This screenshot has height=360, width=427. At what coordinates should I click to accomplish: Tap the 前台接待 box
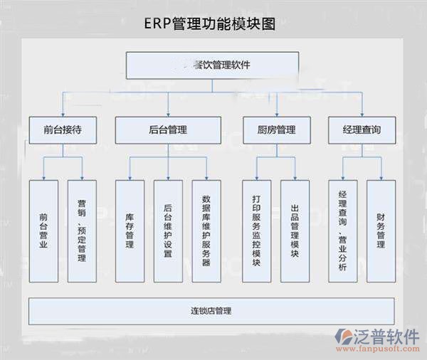pyautogui.click(x=63, y=129)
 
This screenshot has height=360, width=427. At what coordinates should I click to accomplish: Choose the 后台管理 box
pyautogui.click(x=168, y=129)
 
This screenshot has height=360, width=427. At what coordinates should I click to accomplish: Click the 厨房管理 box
pyautogui.click(x=275, y=129)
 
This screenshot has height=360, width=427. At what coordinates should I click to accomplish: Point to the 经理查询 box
pyautogui.click(x=360, y=129)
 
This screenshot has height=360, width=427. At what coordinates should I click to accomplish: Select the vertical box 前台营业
pyautogui.click(x=43, y=230)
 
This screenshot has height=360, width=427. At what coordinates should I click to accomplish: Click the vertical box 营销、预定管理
pyautogui.click(x=82, y=230)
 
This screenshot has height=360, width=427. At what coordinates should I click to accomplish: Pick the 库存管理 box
pyautogui.click(x=130, y=230)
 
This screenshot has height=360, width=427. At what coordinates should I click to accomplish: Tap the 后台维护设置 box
pyautogui.click(x=168, y=230)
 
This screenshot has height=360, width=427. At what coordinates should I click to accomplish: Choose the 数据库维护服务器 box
pyautogui.click(x=206, y=230)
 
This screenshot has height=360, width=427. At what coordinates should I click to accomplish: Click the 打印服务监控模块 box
pyautogui.click(x=256, y=230)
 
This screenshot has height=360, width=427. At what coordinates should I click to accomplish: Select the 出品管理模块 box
pyautogui.click(x=295, y=230)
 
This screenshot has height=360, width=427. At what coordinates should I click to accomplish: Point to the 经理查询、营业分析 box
pyautogui.click(x=342, y=230)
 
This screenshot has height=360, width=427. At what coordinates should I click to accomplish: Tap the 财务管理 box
pyautogui.click(x=381, y=230)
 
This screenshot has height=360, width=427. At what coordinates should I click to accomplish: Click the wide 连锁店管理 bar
pyautogui.click(x=211, y=311)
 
